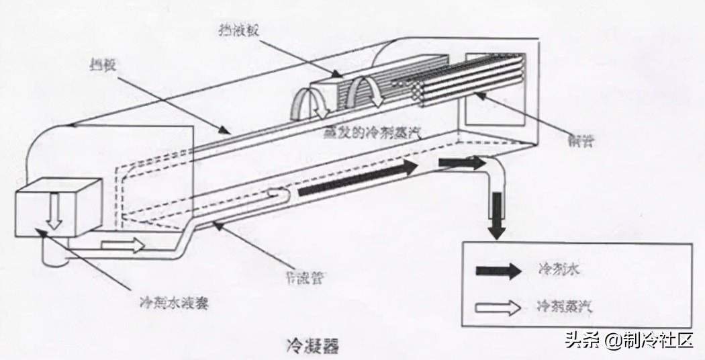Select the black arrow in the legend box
498,271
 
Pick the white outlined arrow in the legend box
498,308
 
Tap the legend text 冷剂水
555,270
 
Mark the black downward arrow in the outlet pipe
496,215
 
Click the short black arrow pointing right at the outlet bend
461,162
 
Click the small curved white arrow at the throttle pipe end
278,193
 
